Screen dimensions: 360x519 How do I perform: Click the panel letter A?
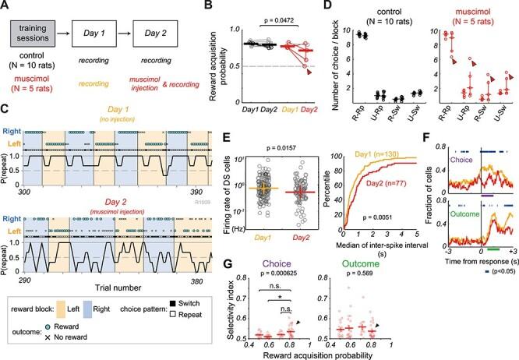7,7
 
